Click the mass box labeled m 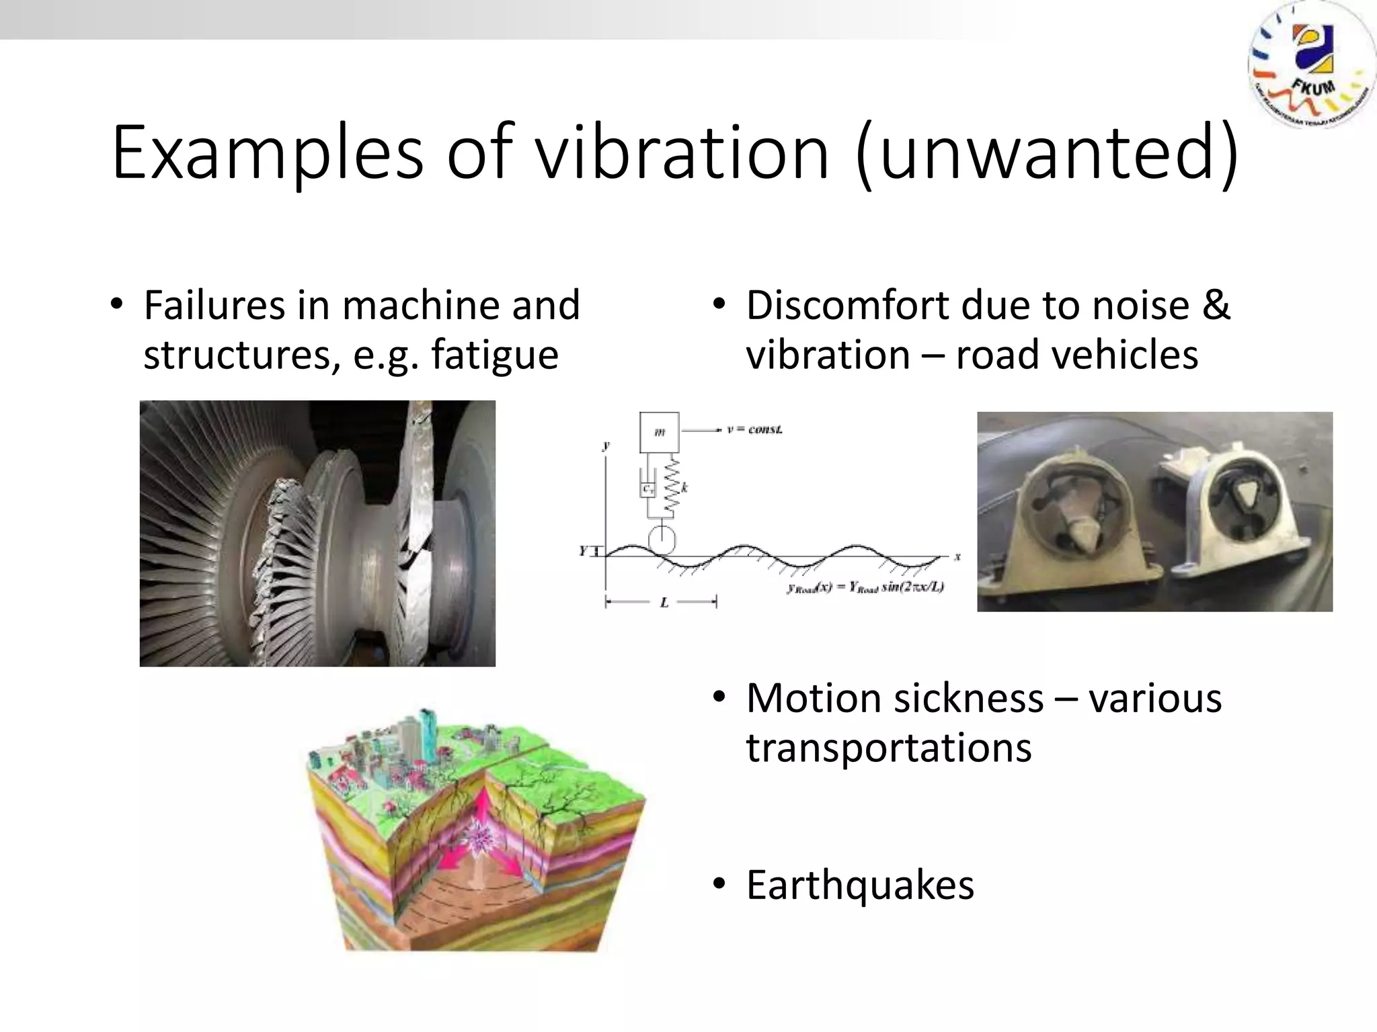[x=659, y=432]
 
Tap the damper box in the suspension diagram [x=647, y=489]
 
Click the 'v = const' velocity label [x=755, y=429]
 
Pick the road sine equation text [x=865, y=588]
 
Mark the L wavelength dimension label [x=664, y=603]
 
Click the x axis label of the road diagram [x=957, y=556]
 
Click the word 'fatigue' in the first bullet [x=494, y=355]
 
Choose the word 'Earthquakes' [x=860, y=885]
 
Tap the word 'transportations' [x=888, y=747]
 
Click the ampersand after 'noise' [x=1216, y=305]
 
